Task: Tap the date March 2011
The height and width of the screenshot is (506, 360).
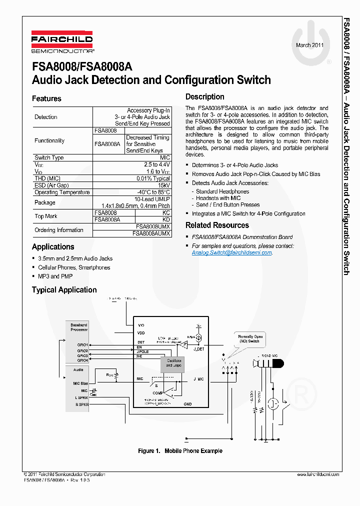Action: click(310, 45)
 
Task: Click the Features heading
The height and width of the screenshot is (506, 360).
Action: click(46, 98)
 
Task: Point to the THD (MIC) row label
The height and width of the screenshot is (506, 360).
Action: click(47, 178)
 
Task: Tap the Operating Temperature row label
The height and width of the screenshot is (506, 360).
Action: click(62, 192)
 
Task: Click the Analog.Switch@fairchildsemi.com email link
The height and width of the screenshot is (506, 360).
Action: click(232, 253)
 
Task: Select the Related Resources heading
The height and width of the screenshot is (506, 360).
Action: click(217, 225)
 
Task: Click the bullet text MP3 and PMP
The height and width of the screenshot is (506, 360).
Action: click(55, 276)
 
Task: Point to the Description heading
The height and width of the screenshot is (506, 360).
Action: click(205, 97)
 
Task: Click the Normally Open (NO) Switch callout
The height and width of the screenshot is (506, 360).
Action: click(250, 339)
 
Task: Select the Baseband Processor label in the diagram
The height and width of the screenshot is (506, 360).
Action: click(79, 327)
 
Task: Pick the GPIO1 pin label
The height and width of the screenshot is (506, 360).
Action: click(82, 345)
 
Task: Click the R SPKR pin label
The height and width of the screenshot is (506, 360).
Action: click(81, 404)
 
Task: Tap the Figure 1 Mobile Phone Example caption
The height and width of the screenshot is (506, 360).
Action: click(180, 451)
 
